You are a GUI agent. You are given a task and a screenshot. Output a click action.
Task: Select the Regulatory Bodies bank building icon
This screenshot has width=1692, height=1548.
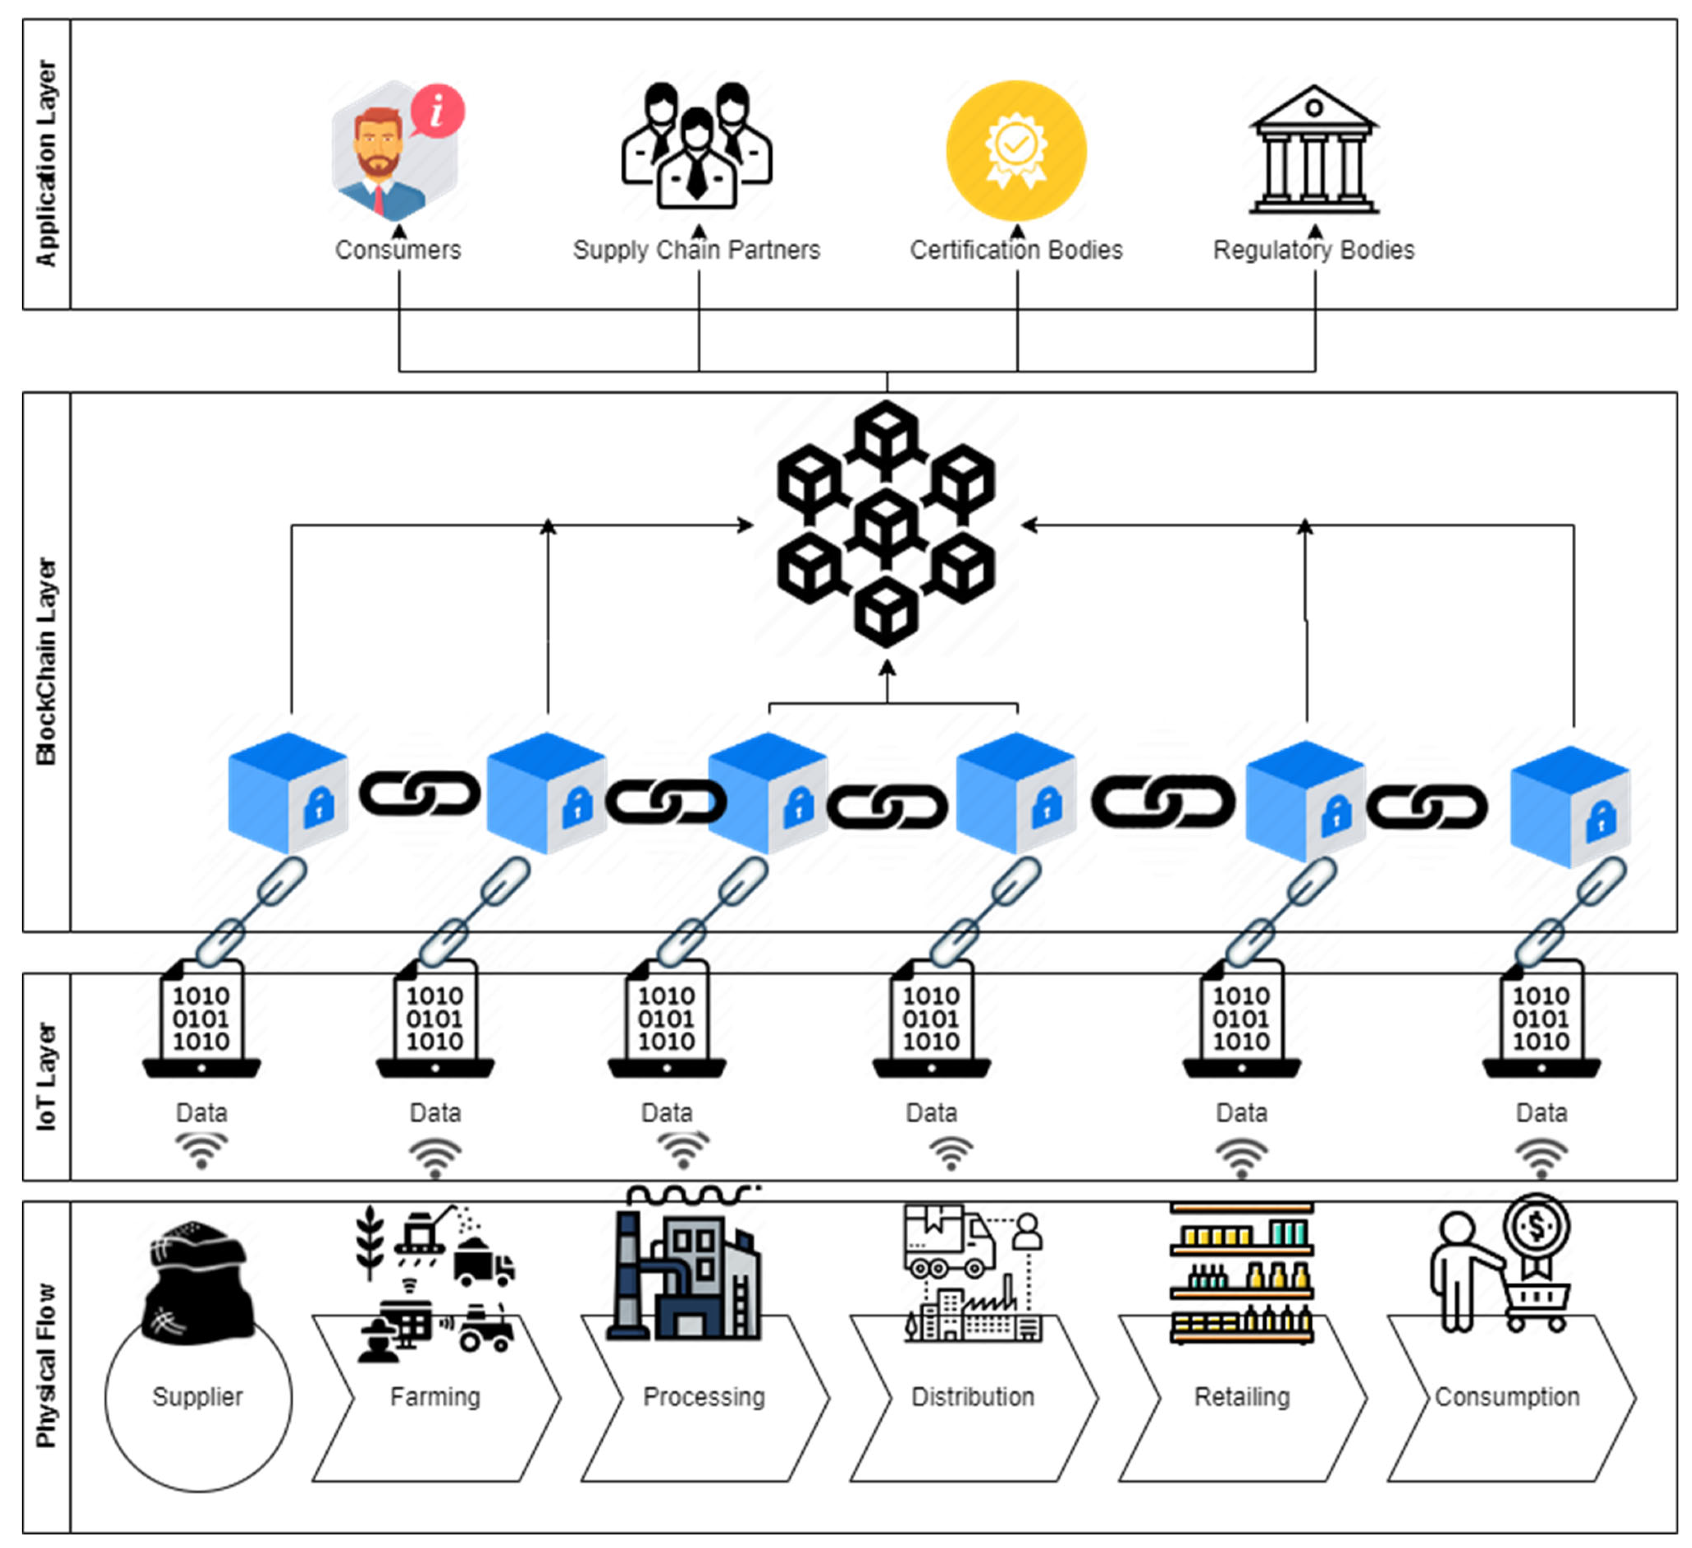point(1314,151)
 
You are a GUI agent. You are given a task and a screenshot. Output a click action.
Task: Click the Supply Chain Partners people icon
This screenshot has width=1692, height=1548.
point(697,147)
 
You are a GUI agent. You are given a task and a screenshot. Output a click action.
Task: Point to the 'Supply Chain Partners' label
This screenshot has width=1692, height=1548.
point(697,250)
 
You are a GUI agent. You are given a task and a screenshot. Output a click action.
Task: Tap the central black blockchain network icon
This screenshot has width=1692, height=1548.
point(886,524)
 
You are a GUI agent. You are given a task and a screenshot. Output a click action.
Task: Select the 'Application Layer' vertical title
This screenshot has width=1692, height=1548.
point(46,164)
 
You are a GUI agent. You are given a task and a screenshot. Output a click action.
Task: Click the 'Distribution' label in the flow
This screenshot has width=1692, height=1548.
point(973,1397)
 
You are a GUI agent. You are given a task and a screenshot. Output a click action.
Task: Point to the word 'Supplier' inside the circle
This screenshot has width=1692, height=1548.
point(198,1397)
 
